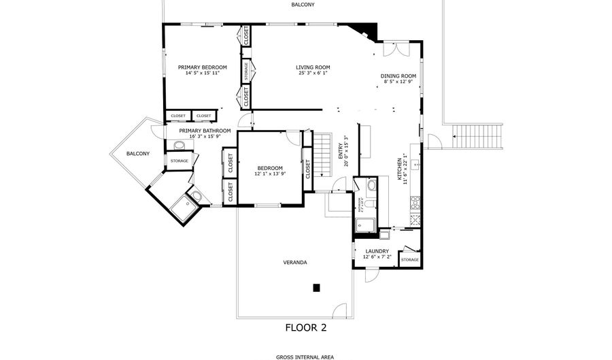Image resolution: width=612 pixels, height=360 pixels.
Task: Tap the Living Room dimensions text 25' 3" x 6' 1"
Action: coord(313,73)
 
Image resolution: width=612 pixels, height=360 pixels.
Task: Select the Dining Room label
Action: coord(398,76)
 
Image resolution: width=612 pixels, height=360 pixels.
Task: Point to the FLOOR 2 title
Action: coord(305,327)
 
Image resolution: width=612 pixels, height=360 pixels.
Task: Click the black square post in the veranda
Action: coord(316,288)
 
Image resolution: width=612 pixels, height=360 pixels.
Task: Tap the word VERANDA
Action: coord(294,262)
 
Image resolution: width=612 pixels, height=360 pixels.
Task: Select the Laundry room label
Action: coord(376,251)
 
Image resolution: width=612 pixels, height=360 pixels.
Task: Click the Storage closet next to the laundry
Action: coord(409,259)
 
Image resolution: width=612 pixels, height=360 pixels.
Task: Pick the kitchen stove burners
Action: coord(415,202)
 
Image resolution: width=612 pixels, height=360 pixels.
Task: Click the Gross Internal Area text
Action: coord(305,357)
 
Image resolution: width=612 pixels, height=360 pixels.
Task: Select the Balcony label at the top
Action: coord(303,5)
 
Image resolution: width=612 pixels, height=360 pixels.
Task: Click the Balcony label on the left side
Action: coord(137,154)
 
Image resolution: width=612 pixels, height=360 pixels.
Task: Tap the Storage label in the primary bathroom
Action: coord(179,161)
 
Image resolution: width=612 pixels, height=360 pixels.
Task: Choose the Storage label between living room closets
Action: coord(246,70)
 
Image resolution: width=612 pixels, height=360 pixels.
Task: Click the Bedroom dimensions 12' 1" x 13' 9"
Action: coord(270,174)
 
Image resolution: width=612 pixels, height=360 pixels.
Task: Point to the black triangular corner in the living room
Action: coord(365,31)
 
